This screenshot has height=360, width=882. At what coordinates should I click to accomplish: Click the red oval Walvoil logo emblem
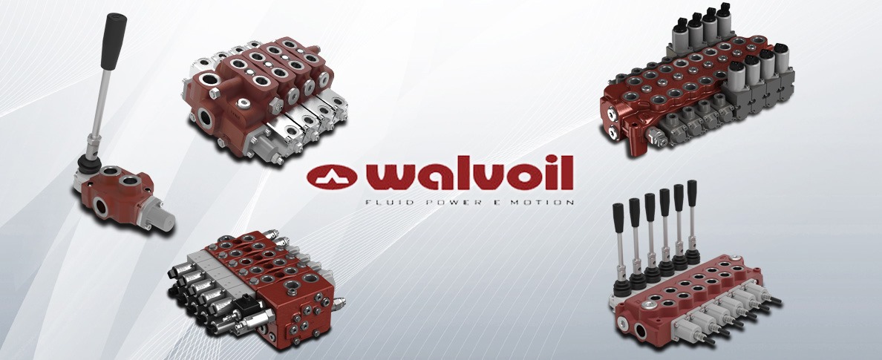pos(332,176)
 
